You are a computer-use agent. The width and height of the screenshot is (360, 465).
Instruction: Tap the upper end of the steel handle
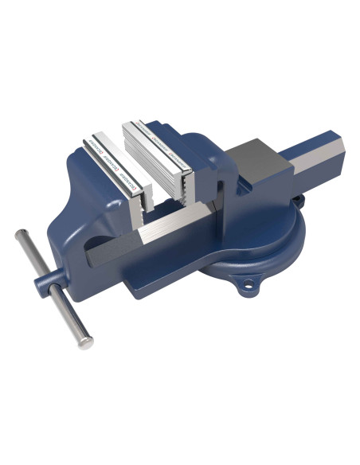point(21,236)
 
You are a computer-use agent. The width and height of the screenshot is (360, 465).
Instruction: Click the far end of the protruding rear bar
point(339,151)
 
